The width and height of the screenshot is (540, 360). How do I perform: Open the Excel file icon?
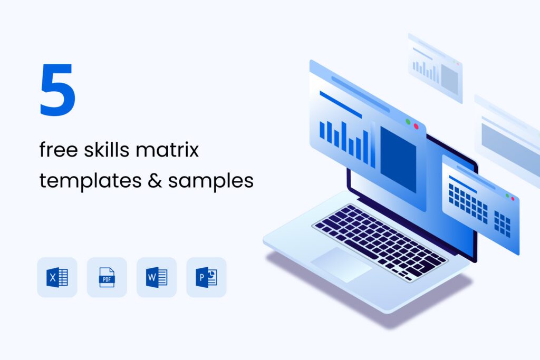[x=57, y=277]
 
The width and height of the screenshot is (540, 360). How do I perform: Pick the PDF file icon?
[x=107, y=277]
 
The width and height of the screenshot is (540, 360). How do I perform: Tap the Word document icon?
[x=156, y=277]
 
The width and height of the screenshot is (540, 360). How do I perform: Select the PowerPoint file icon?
[x=206, y=277]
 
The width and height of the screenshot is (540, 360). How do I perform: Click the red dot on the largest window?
[x=416, y=127]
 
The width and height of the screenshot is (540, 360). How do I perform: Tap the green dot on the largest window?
[x=408, y=122]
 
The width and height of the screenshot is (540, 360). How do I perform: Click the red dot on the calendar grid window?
[x=513, y=198]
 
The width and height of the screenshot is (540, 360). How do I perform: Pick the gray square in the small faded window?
[x=449, y=79]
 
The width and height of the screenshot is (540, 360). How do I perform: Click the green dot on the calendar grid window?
[x=507, y=196]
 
